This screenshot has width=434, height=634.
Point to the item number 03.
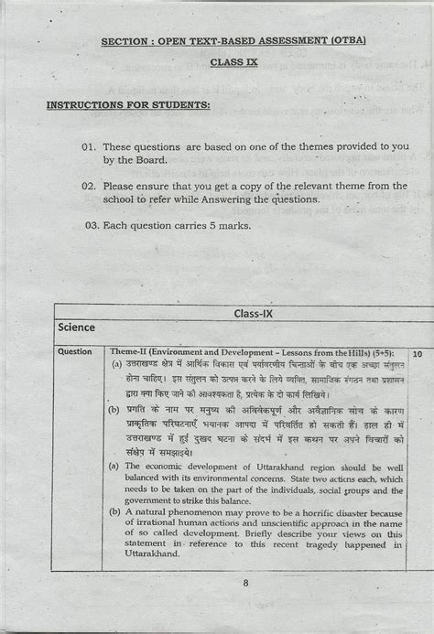tap(92, 224)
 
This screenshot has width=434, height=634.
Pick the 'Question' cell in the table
tap(74, 351)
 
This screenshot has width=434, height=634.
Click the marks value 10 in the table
tap(418, 351)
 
